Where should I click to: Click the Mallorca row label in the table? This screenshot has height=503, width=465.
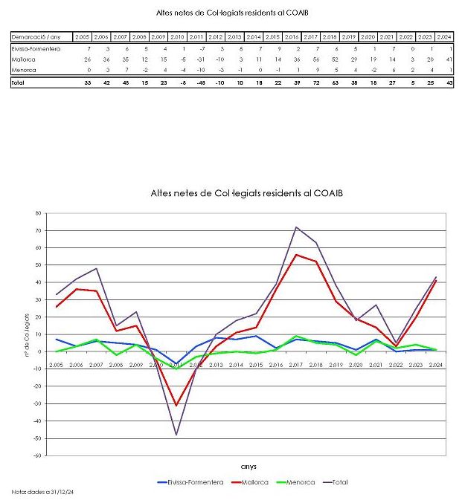point(24,59)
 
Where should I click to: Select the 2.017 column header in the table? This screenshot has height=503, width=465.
point(310,37)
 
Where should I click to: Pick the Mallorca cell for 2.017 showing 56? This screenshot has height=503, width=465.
point(312,59)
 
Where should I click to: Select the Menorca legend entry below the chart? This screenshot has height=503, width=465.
point(299,482)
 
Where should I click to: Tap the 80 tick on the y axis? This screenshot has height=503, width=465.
point(37,213)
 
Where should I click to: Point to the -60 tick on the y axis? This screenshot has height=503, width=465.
point(36,455)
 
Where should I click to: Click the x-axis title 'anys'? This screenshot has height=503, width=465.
point(249,467)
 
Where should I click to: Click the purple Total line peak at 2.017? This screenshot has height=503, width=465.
point(296,227)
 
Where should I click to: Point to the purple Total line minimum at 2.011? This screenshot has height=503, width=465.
point(176,435)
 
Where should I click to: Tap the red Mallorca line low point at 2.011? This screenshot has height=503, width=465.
point(176,405)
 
